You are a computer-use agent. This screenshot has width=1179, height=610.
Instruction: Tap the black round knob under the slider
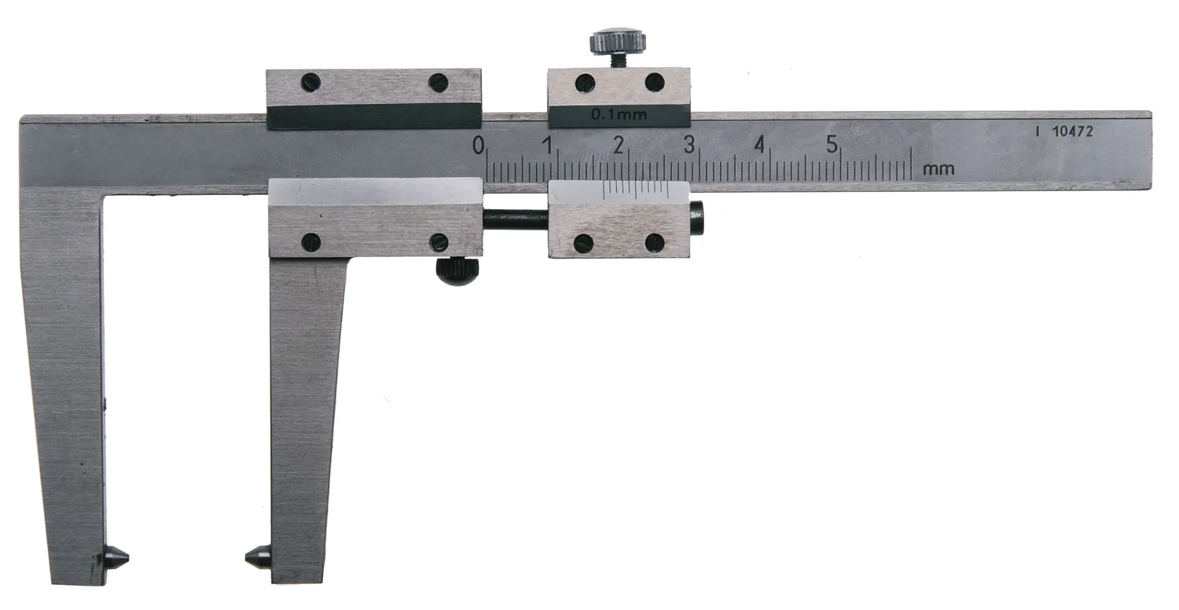point(457,271)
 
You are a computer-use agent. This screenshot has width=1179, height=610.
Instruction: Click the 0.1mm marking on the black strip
point(619,114)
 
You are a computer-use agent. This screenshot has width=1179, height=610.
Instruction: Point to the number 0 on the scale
point(478,145)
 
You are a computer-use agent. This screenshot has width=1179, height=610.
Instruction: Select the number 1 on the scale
point(548,145)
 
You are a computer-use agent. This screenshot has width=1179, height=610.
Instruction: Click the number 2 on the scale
point(619,145)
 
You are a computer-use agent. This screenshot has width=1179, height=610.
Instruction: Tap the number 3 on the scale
point(689,144)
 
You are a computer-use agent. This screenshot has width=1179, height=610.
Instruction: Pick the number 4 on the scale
point(759,144)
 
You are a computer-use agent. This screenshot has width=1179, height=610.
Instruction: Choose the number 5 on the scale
point(831,144)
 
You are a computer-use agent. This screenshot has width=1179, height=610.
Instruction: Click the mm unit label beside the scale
point(938,170)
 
